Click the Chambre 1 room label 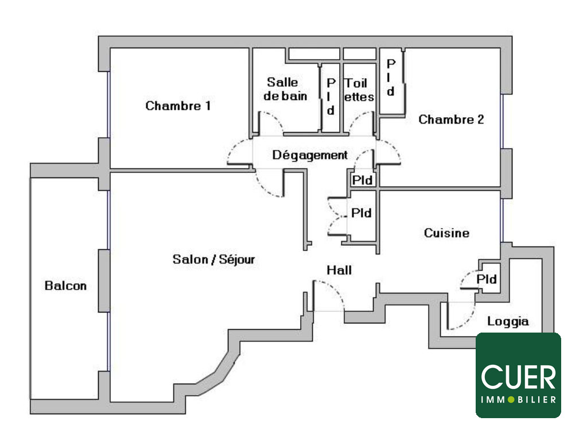click(178, 106)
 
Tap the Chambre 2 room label click(451, 119)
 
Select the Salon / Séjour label click(213, 260)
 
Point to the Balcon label click(66, 285)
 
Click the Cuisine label click(446, 233)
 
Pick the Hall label click(339, 270)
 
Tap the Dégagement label click(310, 155)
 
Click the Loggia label click(508, 322)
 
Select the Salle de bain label click(285, 89)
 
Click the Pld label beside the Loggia click(487, 280)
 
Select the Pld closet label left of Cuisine click(361, 213)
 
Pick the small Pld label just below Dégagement click(362, 180)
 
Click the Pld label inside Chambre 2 click(391, 76)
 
